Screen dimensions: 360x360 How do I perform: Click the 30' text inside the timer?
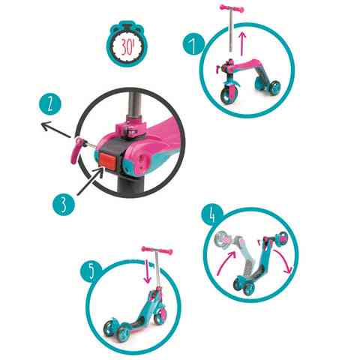pos(127,47)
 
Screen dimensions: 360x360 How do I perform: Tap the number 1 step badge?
pos(193,44)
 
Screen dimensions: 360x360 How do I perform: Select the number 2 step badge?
pos(50,103)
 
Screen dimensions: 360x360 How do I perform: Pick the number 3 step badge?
pos(64,205)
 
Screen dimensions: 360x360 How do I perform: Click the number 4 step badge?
pos(212,214)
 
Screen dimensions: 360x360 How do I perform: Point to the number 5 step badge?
pos(91,271)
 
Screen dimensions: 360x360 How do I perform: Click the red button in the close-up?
pos(108,160)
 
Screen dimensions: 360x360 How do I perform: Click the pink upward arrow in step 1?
pos(242,43)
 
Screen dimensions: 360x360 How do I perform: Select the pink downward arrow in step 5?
pos(148,272)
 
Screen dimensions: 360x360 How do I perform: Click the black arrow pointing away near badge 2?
pos(56,129)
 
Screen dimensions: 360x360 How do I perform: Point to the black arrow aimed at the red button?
pos(90,181)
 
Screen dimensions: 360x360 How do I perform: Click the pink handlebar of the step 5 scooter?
pos(157,250)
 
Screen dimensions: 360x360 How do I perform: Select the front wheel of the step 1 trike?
pos(227,94)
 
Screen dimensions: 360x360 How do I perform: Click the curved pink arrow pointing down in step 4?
pos(283,260)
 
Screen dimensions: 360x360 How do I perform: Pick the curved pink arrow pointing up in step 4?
pos(226,263)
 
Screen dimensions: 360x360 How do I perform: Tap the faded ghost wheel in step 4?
pos(223,239)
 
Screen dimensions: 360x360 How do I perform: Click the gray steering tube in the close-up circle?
pos(134,104)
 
